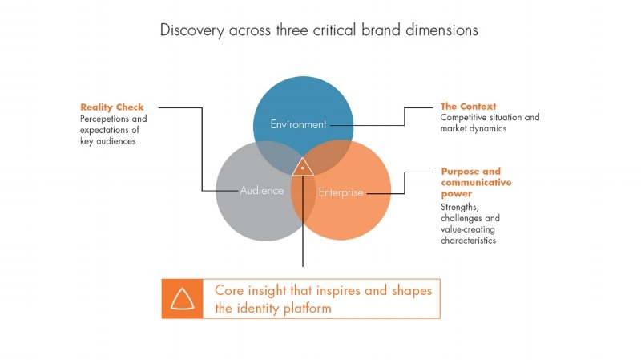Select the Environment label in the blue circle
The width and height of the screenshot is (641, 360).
pyautogui.click(x=298, y=125)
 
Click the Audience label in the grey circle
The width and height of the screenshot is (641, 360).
pyautogui.click(x=262, y=191)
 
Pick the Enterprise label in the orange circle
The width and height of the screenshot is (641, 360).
pyautogui.click(x=341, y=192)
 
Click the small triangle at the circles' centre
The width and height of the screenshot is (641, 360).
pyautogui.click(x=303, y=168)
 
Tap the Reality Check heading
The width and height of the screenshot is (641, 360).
pyautogui.click(x=112, y=107)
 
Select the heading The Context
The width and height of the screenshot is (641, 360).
pyautogui.click(x=469, y=106)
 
